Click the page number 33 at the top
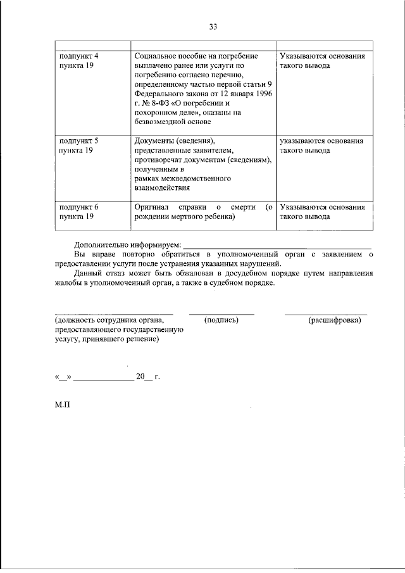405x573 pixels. coord(213,27)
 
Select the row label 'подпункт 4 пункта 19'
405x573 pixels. coord(78,61)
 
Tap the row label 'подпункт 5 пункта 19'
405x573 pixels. coord(78,146)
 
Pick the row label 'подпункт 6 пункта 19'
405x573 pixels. coord(78,211)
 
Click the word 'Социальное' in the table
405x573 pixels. coord(156,56)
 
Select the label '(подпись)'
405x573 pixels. coord(221,320)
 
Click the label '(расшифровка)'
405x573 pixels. coord(335,320)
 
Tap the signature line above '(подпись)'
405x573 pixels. coord(221,313)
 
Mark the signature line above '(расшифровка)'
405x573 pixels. coord(326,313)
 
